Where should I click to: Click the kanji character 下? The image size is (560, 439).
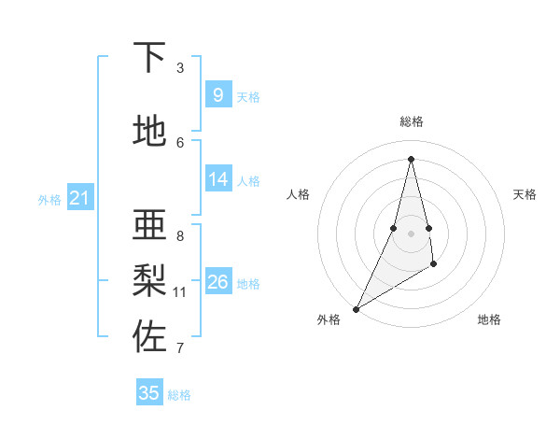click(x=150, y=58)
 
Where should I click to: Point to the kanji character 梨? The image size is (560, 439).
click(x=150, y=280)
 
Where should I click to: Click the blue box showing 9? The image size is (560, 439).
click(x=217, y=95)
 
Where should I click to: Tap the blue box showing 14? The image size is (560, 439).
click(x=217, y=179)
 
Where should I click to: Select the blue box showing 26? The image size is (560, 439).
click(x=217, y=282)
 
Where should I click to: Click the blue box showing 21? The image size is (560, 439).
click(x=79, y=198)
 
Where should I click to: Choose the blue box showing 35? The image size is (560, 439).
click(x=149, y=393)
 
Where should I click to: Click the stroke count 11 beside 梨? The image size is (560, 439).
click(x=180, y=292)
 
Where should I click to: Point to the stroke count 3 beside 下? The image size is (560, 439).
click(x=180, y=67)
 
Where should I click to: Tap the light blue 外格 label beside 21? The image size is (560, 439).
click(x=49, y=200)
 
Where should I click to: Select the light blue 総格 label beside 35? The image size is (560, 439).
click(x=179, y=395)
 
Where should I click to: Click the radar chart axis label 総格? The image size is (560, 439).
click(x=411, y=121)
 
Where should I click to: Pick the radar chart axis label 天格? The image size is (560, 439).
click(x=525, y=194)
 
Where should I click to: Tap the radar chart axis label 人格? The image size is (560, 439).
click(x=298, y=194)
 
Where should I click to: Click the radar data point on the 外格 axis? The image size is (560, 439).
click(x=356, y=308)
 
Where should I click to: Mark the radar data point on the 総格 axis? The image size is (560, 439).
click(x=411, y=158)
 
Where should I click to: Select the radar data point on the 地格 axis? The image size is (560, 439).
click(x=434, y=266)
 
